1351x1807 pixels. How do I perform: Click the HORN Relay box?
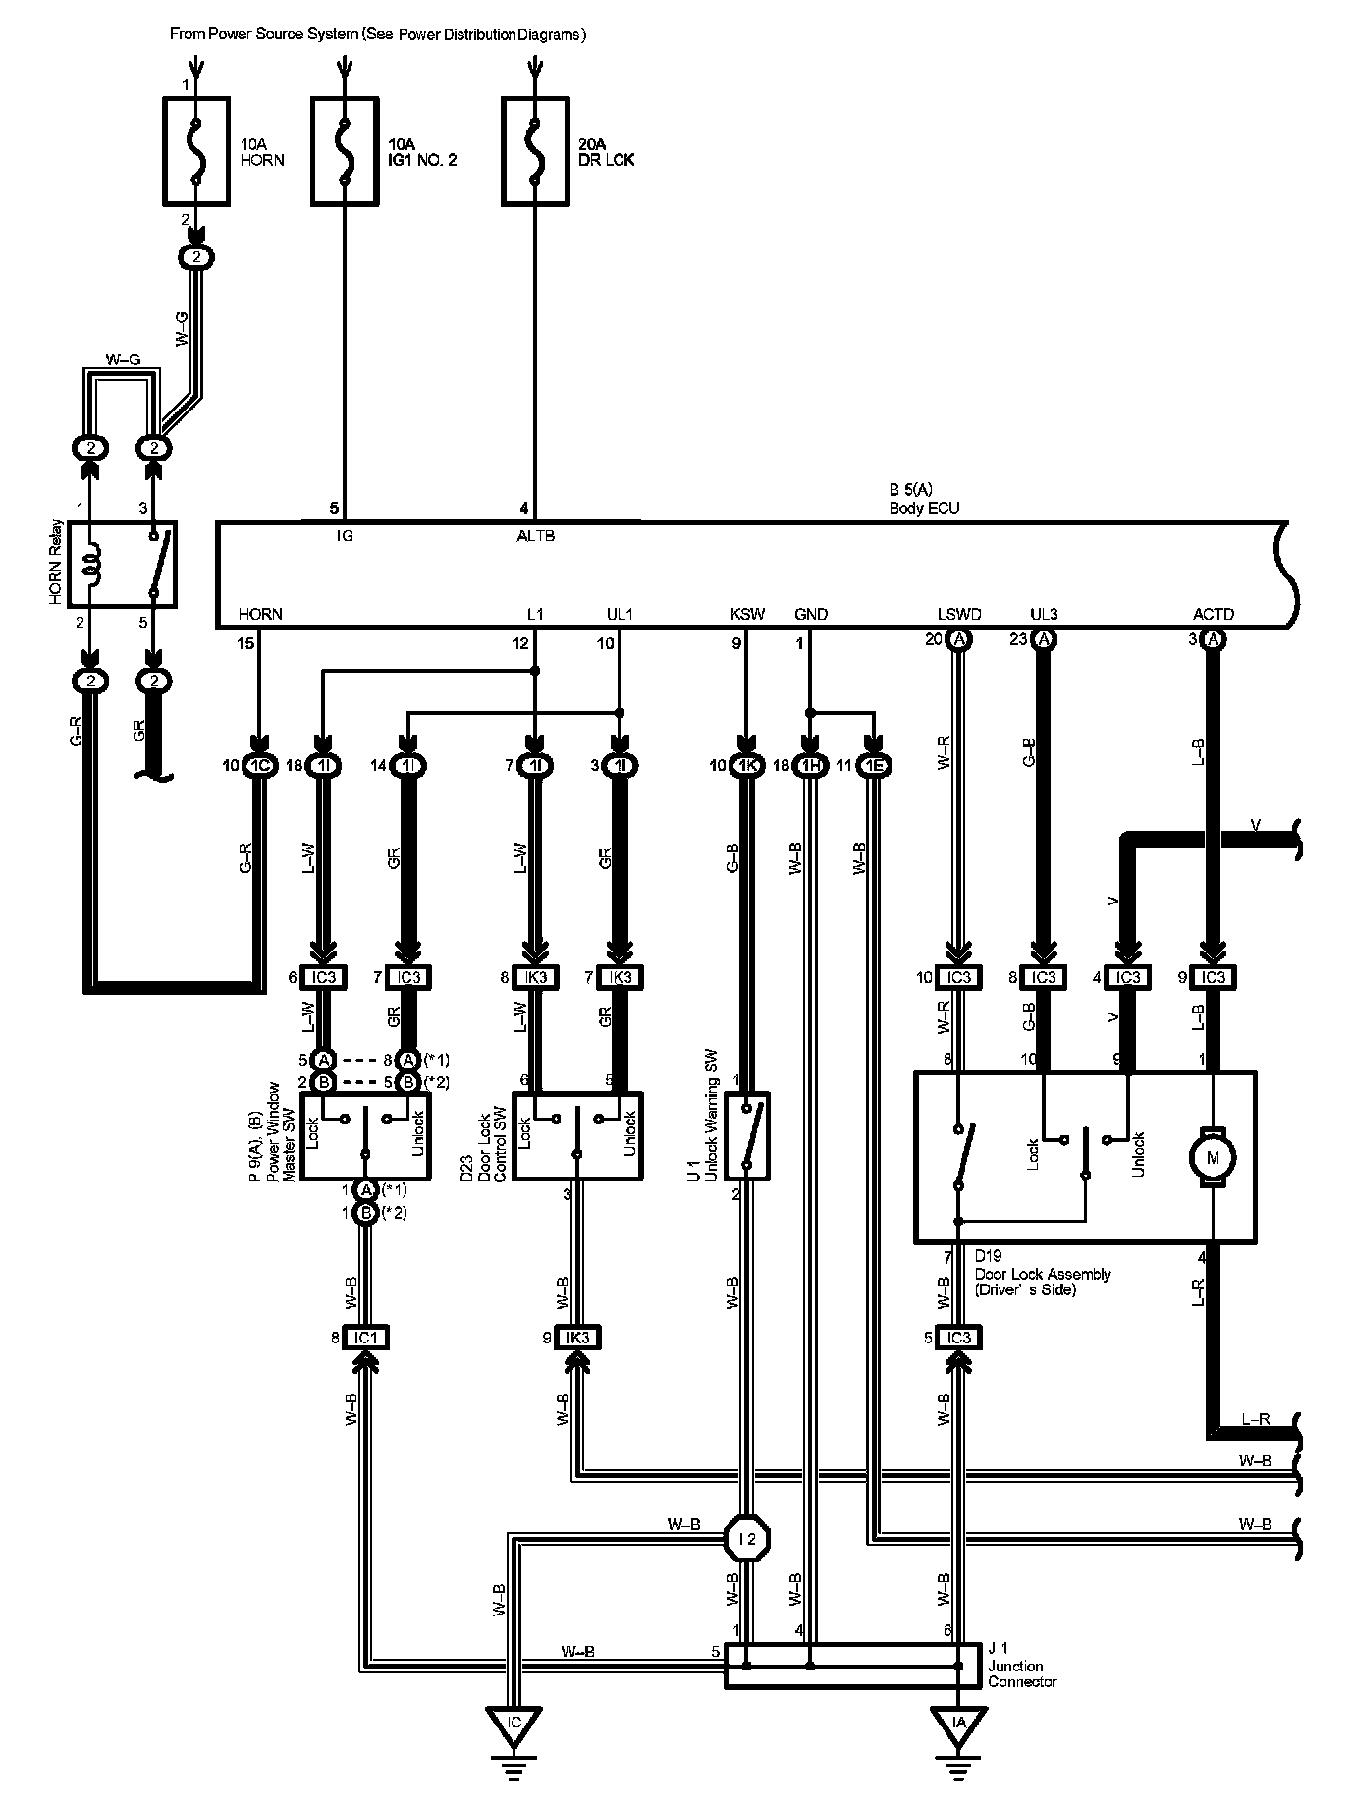123,565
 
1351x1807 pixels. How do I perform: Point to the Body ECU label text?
924,509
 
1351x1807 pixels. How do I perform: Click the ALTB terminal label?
536,536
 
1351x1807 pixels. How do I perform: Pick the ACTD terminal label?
1214,615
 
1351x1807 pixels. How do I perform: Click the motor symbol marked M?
1213,1157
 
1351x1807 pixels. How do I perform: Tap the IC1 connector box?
366,1337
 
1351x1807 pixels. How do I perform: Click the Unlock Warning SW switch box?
747,1136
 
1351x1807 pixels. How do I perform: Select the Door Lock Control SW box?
578,1136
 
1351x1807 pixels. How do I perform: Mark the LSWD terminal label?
959,615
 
